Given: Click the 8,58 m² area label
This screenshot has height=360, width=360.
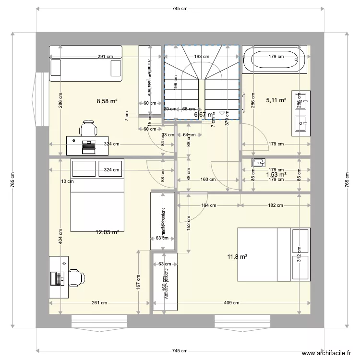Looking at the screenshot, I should [108, 101].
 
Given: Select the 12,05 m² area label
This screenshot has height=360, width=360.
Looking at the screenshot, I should [108, 232].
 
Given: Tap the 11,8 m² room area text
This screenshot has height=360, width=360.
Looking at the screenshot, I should [237, 257].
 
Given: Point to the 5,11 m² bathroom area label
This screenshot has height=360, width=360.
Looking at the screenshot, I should [276, 101].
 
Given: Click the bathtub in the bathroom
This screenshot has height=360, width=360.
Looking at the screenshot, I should [274, 60].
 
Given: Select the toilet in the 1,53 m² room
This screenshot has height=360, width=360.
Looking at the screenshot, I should [257, 162].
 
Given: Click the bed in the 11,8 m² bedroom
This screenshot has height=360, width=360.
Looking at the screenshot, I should [274, 254].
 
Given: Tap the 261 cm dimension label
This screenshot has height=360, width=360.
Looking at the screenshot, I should [99, 303].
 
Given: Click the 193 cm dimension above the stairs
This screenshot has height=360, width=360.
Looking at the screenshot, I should [202, 57].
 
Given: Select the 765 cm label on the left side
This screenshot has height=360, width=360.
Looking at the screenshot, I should [12, 181].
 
